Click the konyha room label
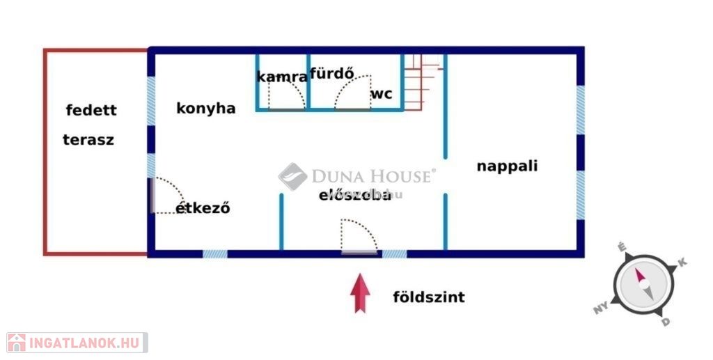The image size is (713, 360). (x=205, y=109)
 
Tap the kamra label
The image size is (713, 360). (x=282, y=77)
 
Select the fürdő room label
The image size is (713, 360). (x=332, y=72)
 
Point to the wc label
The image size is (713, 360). (x=381, y=93)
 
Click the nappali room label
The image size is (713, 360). (x=507, y=166)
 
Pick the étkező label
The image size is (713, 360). (x=203, y=208)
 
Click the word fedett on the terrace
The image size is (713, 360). (x=91, y=110)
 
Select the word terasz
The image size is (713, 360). (x=88, y=139)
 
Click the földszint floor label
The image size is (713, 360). (x=429, y=297)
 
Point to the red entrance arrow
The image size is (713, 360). (x=359, y=292)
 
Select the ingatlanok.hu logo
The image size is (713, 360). (x=77, y=342)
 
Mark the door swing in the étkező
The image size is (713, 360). (x=167, y=196)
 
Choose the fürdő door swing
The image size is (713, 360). (x=352, y=93)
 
